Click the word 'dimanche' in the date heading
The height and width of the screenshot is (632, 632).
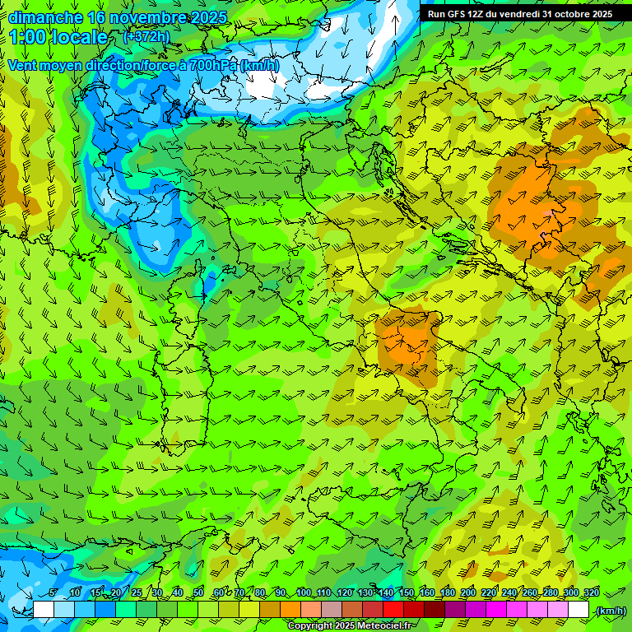(x=44, y=17)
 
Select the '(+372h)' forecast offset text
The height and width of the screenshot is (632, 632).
(x=146, y=37)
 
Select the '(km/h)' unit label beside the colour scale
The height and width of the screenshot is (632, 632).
(x=610, y=611)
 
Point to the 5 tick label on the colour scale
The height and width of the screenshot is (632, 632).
(x=53, y=593)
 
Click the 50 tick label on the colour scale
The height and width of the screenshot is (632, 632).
(x=197, y=593)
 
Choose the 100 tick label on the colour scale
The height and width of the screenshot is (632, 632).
(x=303, y=593)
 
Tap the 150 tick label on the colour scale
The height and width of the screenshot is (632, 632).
(x=407, y=593)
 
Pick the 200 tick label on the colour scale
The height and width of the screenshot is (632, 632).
(x=468, y=593)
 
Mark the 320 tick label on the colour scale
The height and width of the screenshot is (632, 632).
(x=591, y=593)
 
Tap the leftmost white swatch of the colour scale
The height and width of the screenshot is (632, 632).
(x=44, y=610)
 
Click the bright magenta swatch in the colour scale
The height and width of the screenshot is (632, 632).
(x=496, y=610)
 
